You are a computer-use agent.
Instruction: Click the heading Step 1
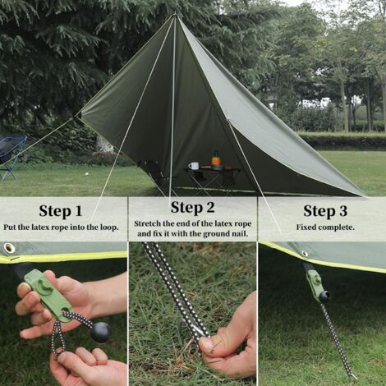tap(61, 210)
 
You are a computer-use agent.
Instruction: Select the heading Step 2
tap(193, 207)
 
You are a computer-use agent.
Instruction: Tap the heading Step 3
tap(325, 210)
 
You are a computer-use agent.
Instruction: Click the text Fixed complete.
tap(325, 227)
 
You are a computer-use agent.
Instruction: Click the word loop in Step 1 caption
tap(106, 227)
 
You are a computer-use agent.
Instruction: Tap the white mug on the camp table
tap(194, 166)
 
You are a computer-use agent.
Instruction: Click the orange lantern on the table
tap(216, 157)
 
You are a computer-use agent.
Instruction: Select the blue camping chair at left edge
tap(11, 156)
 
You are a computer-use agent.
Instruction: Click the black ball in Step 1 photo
tap(100, 331)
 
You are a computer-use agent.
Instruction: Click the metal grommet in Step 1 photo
tap(10, 247)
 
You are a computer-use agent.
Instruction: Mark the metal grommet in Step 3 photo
tap(305, 254)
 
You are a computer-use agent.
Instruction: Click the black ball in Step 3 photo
tap(324, 296)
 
